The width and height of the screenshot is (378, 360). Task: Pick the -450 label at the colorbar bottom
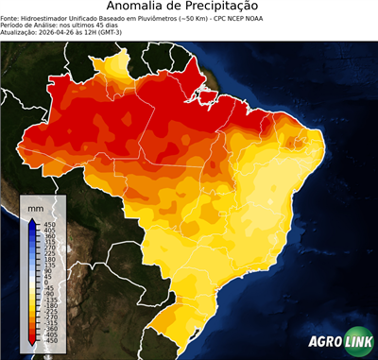[x=48, y=342]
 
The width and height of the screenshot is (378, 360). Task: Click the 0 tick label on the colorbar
[x=43, y=282]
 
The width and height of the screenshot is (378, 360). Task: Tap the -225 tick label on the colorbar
[x=48, y=312]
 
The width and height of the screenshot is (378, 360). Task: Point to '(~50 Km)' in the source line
[x=205, y=17]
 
